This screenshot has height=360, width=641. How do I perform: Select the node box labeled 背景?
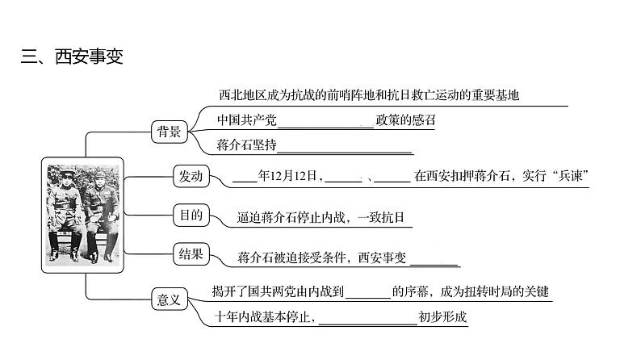[x=169, y=133]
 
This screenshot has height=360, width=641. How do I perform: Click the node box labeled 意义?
[x=169, y=299]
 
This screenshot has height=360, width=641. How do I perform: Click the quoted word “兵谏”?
[x=565, y=176]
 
